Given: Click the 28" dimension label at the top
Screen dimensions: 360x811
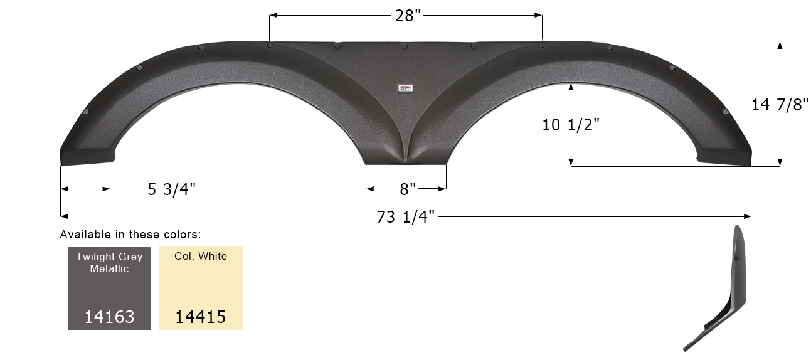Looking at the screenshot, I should point(405,16).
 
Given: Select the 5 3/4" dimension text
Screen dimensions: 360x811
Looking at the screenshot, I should point(172,189).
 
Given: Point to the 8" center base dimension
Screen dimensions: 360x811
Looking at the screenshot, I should point(408,189).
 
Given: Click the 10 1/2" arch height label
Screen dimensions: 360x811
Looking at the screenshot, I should point(571,125).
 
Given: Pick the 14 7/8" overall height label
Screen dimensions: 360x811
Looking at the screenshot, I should point(780,105).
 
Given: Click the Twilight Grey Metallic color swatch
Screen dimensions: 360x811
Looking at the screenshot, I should point(109,288).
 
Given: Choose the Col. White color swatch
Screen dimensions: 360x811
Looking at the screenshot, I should point(201,288).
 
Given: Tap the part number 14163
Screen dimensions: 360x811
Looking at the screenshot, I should point(109,317).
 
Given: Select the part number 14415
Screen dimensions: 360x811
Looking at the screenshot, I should point(201,317).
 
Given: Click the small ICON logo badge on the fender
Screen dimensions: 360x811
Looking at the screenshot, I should point(406,89).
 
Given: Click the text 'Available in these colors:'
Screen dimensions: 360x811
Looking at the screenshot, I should point(130,235).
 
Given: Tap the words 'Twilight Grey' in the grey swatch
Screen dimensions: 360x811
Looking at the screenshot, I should point(109,257).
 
